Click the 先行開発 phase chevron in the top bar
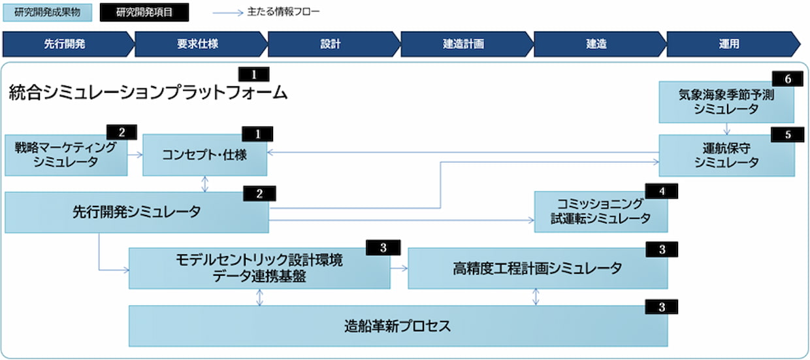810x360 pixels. pyautogui.click(x=65, y=44)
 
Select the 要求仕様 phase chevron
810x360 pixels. pyautogui.click(x=197, y=44)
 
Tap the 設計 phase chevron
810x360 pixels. pyautogui.click(x=331, y=44)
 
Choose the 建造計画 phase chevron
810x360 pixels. pyautogui.click(x=463, y=44)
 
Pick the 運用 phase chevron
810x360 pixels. pyautogui.click(x=729, y=44)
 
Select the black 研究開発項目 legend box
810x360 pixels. pyautogui.click(x=144, y=12)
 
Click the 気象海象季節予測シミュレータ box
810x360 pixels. pyautogui.click(x=726, y=103)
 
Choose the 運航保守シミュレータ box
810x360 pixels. pyautogui.click(x=726, y=156)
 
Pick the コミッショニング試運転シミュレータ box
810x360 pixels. pyautogui.click(x=600, y=212)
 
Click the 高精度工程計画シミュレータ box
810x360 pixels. pyautogui.click(x=537, y=268)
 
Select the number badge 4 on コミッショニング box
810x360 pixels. pyautogui.click(x=661, y=191)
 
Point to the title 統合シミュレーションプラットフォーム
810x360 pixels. pyautogui.click(x=148, y=93)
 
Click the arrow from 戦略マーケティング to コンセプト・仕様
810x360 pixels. pyautogui.click(x=135, y=155)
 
